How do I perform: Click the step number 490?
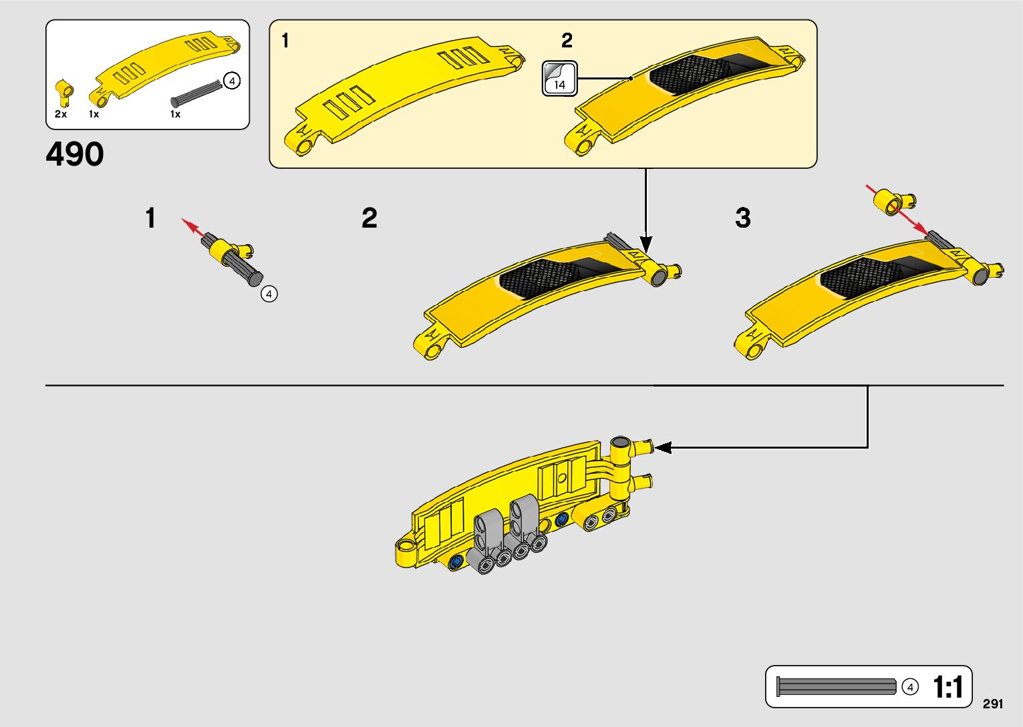pos(75,154)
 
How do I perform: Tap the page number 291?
pos(993,704)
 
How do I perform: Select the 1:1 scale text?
pos(947,687)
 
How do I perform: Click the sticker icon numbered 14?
pos(559,78)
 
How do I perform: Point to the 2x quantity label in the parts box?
pos(61,114)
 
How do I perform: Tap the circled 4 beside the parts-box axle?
pos(231,81)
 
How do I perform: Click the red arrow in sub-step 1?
pos(194,226)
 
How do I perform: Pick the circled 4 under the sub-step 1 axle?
pos(269,294)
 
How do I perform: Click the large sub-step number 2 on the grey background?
pos(370,218)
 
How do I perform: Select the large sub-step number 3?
pos(743,218)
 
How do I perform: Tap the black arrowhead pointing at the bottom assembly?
pos(663,447)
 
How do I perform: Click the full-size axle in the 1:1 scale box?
pos(836,686)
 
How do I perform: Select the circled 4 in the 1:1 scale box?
pos(909,686)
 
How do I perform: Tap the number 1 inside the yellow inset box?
pos(285,41)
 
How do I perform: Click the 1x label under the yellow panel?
pos(94,114)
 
